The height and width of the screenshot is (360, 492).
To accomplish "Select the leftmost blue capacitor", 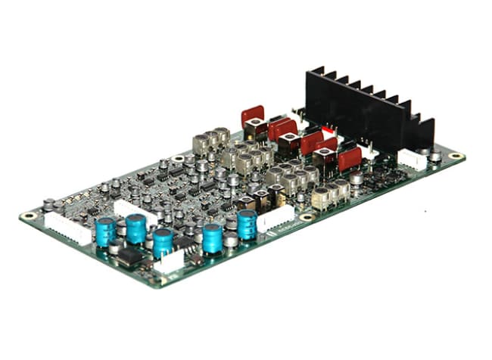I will (106, 231).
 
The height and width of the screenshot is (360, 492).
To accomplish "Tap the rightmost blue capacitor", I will (247, 224).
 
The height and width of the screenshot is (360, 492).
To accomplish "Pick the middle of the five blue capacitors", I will (163, 242).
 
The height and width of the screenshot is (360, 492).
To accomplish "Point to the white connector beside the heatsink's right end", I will (412, 159).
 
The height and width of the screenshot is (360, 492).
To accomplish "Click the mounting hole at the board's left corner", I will (30, 216).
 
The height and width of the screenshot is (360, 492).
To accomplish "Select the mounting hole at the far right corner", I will (456, 157).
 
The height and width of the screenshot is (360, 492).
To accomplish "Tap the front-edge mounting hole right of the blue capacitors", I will (307, 217).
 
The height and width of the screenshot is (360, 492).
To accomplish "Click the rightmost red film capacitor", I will (349, 159).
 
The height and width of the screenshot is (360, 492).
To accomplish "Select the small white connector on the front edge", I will (170, 262).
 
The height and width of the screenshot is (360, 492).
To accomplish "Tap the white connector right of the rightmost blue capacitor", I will (276, 218).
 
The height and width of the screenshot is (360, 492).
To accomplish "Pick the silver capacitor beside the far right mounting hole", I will (435, 155).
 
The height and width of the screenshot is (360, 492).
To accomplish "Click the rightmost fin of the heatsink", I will (425, 132).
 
